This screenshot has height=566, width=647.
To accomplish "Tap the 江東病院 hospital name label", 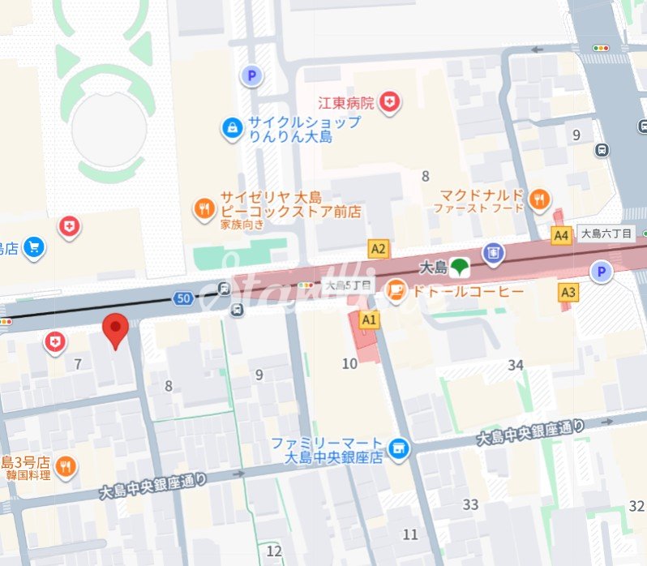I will [346, 103].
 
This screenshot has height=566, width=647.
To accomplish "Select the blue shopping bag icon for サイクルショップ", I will [233, 128].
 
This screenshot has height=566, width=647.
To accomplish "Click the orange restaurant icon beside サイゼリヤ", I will [204, 210].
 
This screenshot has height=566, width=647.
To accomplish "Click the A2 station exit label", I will [378, 248].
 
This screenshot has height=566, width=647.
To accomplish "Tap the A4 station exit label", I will [561, 235].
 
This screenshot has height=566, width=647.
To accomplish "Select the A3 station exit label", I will [568, 291].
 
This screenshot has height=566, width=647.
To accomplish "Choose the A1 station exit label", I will [370, 319].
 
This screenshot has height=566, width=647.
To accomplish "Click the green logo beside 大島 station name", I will [460, 265].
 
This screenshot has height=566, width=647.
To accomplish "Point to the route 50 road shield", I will [182, 299].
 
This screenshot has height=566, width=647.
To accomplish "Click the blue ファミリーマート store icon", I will [398, 448].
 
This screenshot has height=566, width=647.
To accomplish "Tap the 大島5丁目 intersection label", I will [347, 285].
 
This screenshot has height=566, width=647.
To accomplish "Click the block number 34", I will [516, 365].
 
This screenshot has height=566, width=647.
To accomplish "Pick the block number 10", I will [349, 363].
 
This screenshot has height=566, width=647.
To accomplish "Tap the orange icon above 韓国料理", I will [66, 465].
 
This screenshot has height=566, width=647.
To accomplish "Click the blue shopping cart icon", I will [34, 247].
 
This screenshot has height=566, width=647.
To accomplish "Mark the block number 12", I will [274, 551].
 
